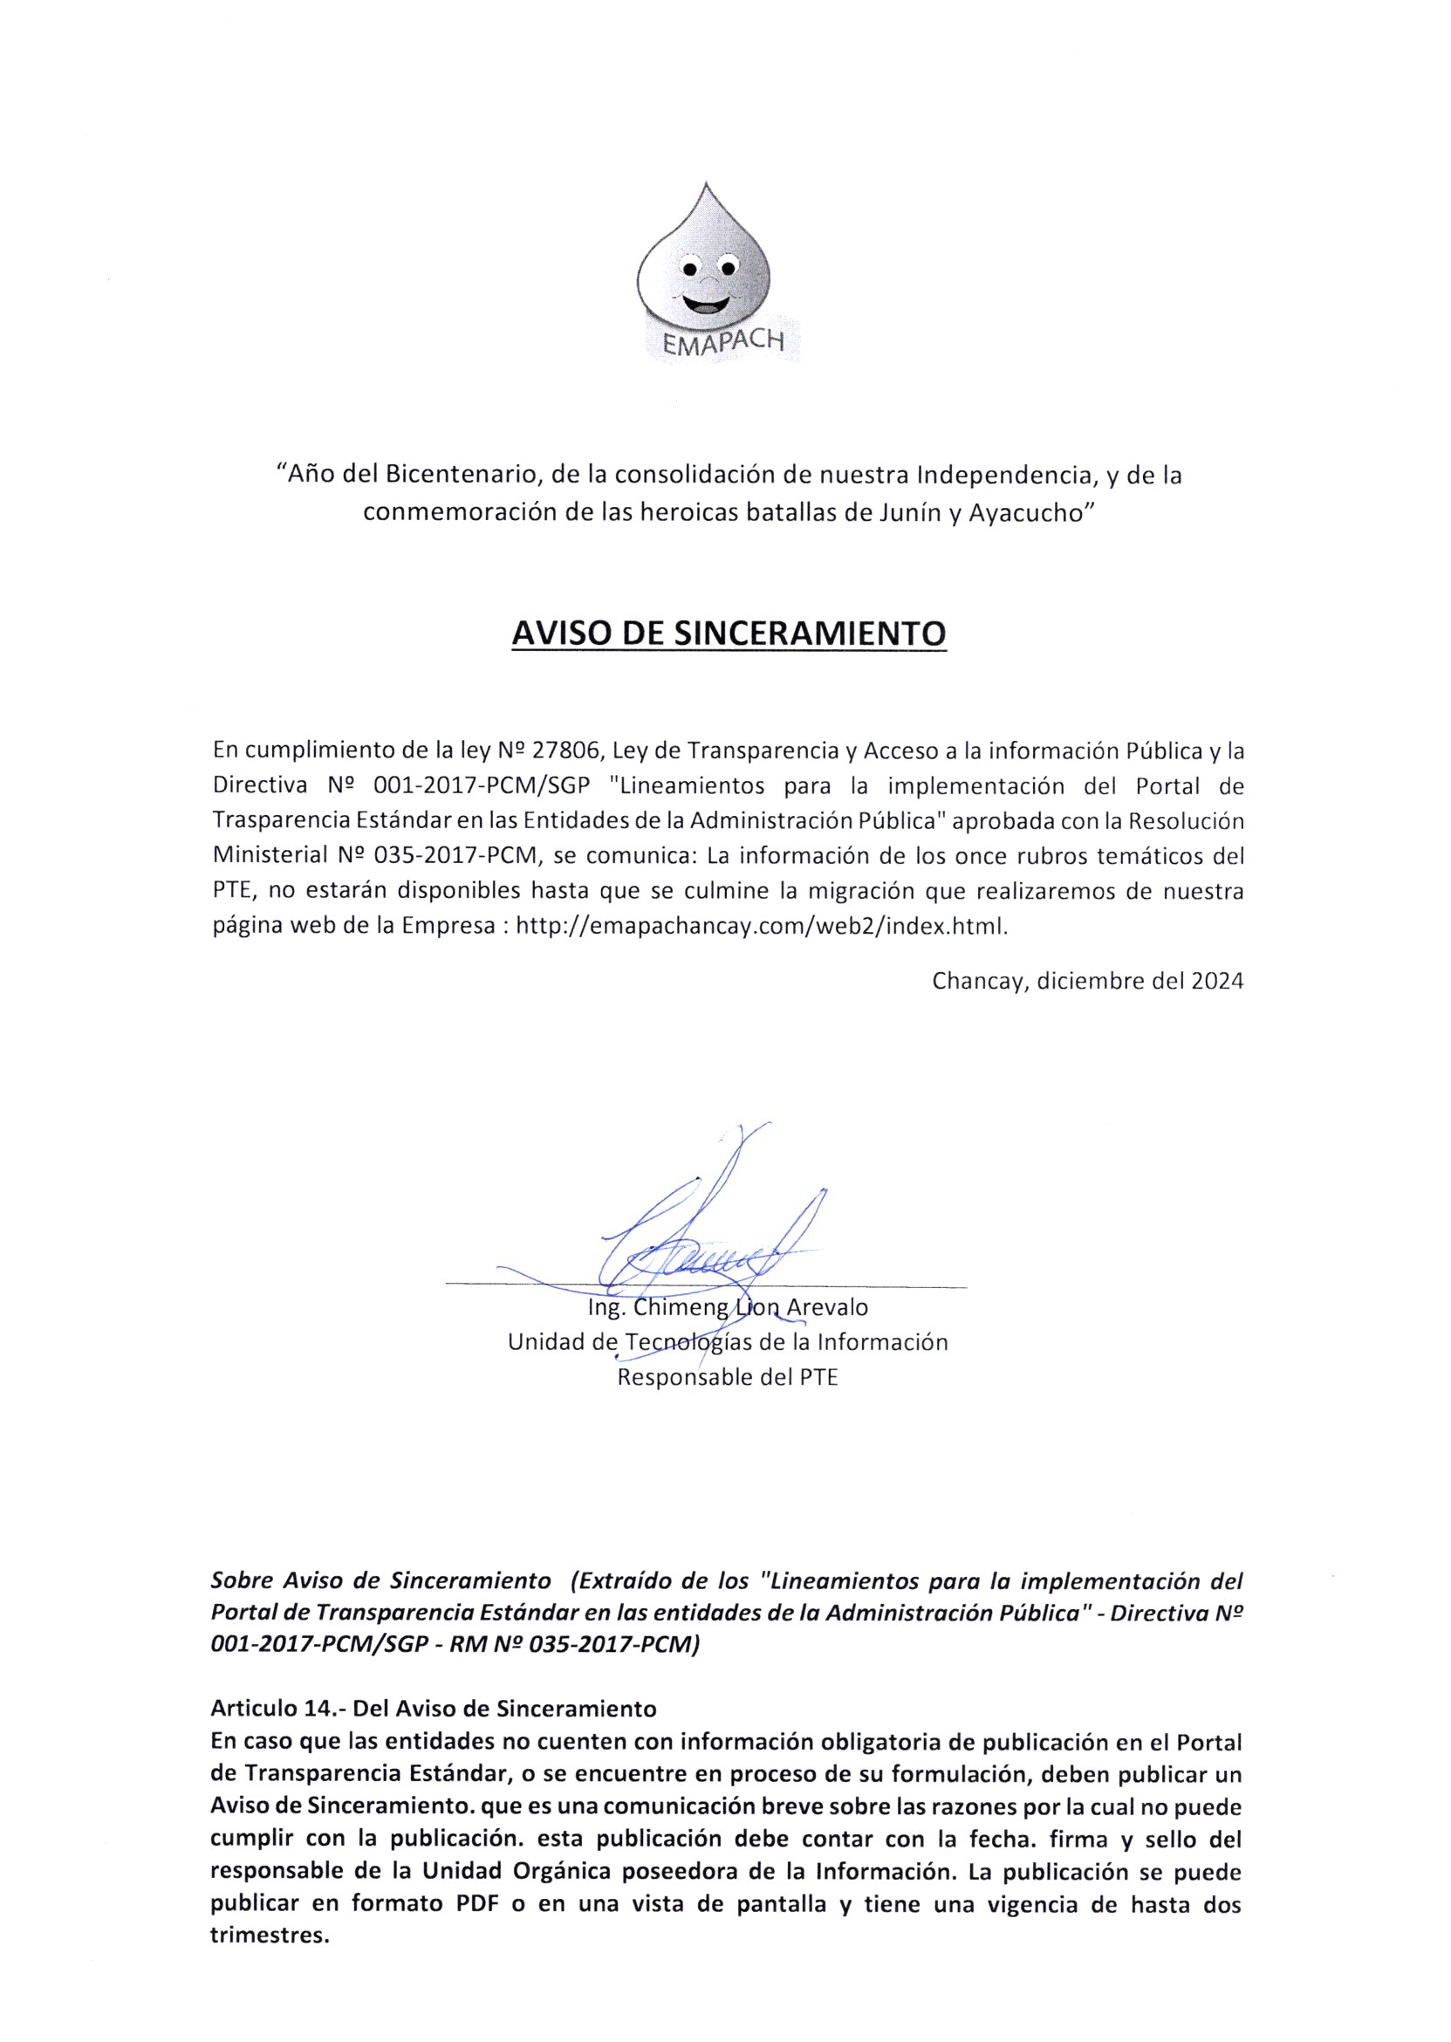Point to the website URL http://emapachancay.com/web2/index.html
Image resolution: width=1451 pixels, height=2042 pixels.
click(762, 926)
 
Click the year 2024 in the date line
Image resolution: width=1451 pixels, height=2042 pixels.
click(1217, 981)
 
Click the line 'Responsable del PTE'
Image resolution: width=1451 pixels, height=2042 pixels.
click(728, 1377)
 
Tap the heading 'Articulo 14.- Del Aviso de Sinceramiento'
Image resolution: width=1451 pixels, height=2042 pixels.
click(434, 1709)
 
